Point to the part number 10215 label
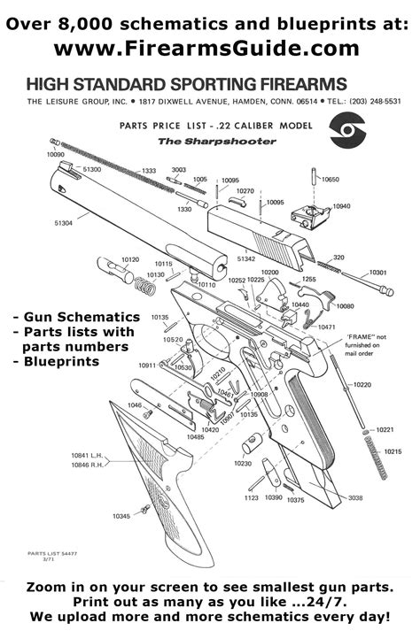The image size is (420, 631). coord(393,451)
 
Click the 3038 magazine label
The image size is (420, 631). coord(355,498)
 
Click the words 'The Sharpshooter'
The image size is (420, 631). coord(191,142)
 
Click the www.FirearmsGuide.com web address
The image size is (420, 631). coord(209,47)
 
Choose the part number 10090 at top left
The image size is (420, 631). coord(56,154)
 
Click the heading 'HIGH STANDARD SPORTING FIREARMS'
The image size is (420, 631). coord(186,85)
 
